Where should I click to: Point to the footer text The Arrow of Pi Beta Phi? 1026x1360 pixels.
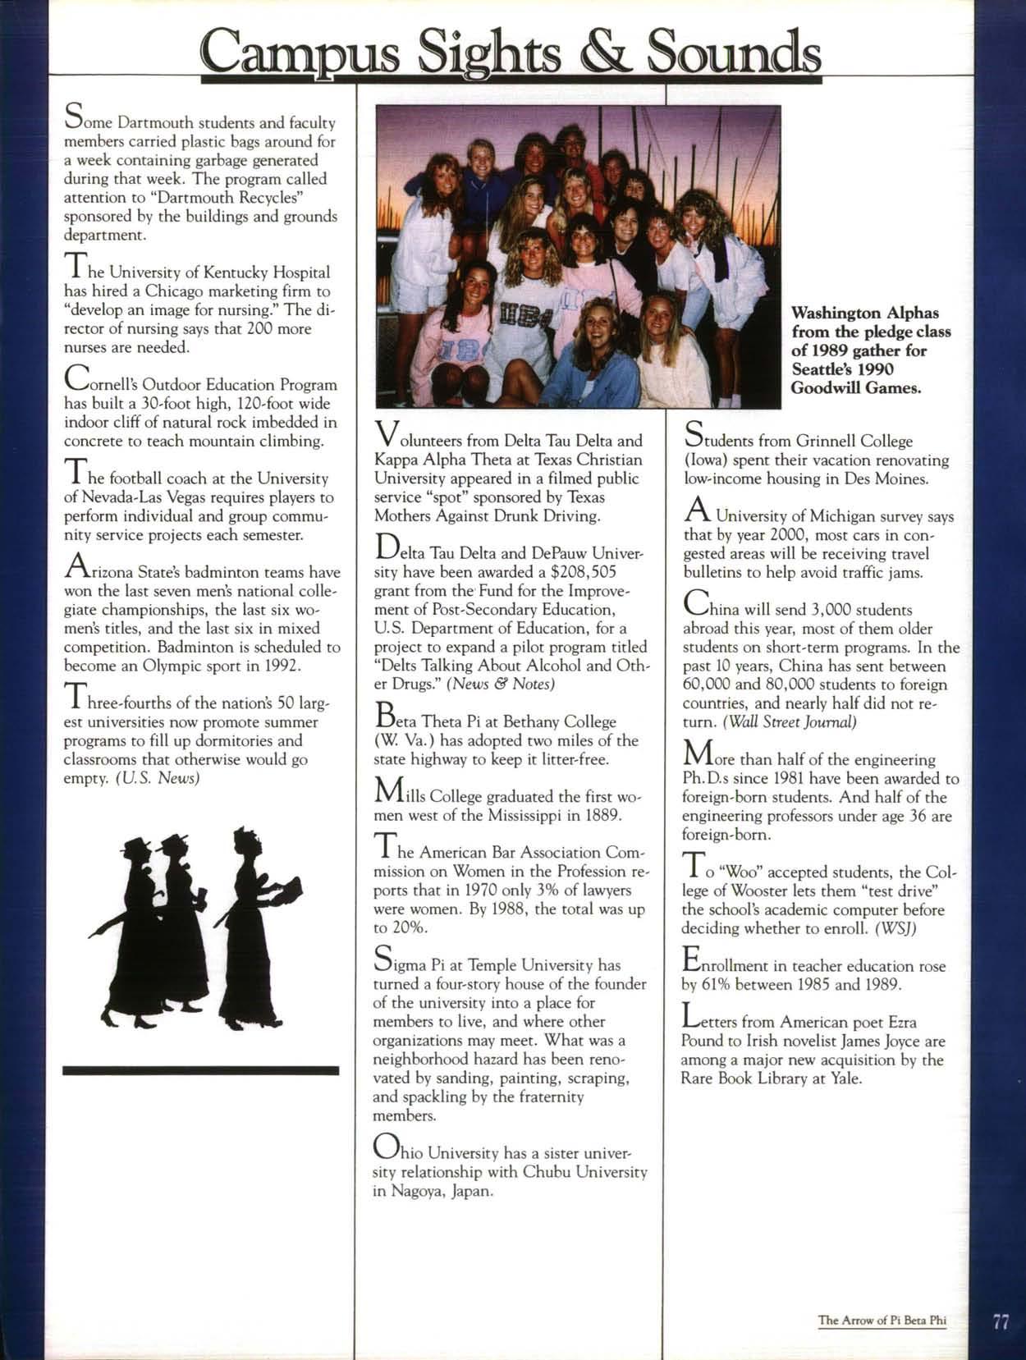point(882,1321)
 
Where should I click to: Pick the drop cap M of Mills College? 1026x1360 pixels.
point(387,792)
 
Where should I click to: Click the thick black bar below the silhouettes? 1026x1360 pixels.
point(200,1070)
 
